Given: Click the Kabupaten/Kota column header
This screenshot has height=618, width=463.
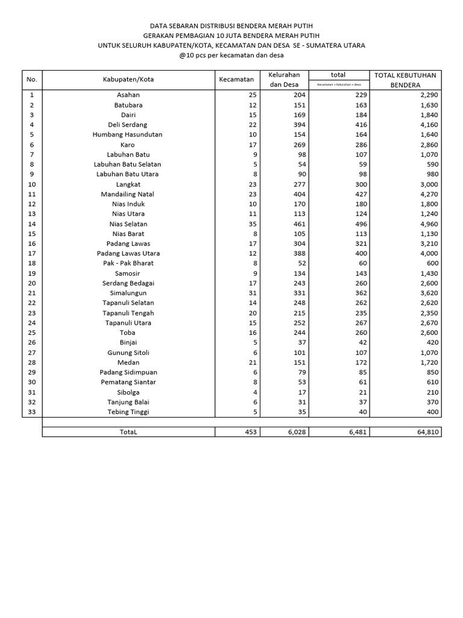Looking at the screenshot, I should [128, 80].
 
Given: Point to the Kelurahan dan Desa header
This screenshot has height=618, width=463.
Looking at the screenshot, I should [283, 80].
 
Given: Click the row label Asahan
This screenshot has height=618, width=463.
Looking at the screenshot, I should [128, 95].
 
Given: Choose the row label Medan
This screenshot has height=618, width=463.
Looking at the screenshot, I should [128, 362].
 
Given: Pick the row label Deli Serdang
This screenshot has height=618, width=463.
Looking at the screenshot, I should [128, 124].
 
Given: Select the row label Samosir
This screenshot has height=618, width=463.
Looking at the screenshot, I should [128, 273].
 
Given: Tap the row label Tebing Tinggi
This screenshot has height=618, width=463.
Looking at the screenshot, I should [128, 412].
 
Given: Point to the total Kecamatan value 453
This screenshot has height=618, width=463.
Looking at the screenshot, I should [250, 432].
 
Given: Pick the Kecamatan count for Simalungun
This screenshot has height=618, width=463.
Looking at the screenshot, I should [252, 293].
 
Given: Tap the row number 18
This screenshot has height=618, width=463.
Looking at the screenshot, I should [32, 263].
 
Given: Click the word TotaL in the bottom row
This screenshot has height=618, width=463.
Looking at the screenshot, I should [128, 432].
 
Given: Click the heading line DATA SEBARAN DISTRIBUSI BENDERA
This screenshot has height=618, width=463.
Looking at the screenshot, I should [231, 25].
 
